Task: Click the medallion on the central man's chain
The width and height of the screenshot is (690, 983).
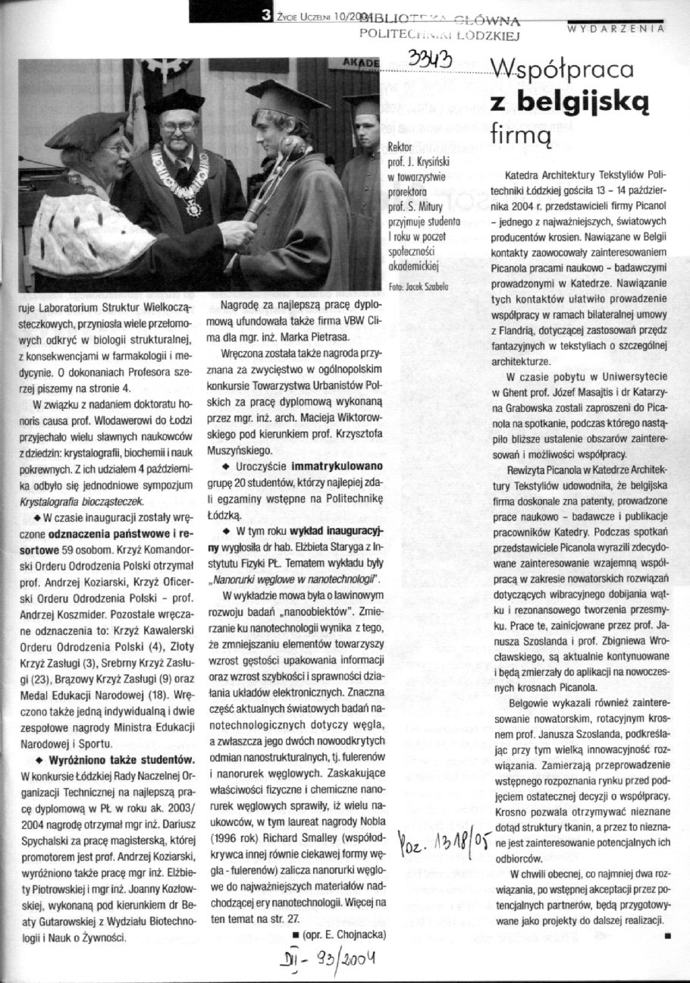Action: [194, 207]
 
